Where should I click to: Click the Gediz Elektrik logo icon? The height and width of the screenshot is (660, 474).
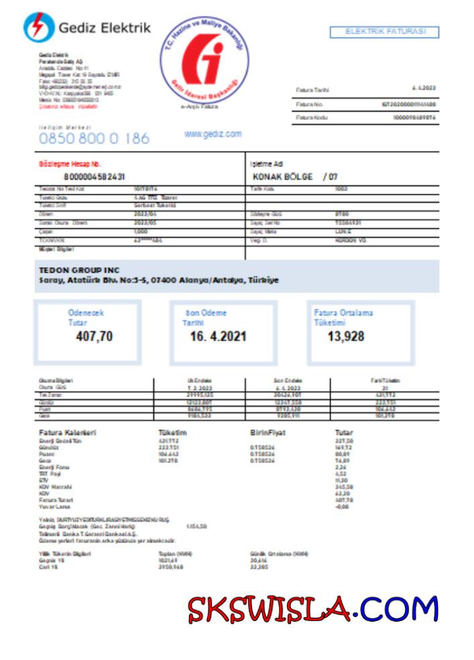tap(39, 27)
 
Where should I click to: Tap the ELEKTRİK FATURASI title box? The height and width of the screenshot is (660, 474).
tap(384, 32)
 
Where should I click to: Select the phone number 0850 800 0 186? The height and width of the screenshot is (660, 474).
tap(94, 138)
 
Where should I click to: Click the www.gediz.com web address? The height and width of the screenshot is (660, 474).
tap(213, 134)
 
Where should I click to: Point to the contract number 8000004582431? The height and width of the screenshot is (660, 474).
tap(94, 177)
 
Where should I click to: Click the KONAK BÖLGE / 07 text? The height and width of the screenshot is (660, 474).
tap(294, 177)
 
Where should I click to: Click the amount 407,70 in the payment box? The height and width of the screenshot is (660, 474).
tap(95, 336)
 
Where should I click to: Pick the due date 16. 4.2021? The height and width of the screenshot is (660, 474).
tap(218, 336)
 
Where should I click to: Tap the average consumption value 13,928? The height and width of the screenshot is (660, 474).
tap(346, 336)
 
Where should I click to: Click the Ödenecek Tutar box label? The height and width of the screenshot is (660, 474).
tap(86, 317)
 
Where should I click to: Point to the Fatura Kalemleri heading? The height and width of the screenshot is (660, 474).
tap(68, 432)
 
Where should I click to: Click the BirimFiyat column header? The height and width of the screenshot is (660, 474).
tap(267, 432)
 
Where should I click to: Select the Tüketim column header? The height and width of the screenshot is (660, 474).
tap(173, 432)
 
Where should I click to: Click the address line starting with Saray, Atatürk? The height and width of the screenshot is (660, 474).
tap(159, 280)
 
